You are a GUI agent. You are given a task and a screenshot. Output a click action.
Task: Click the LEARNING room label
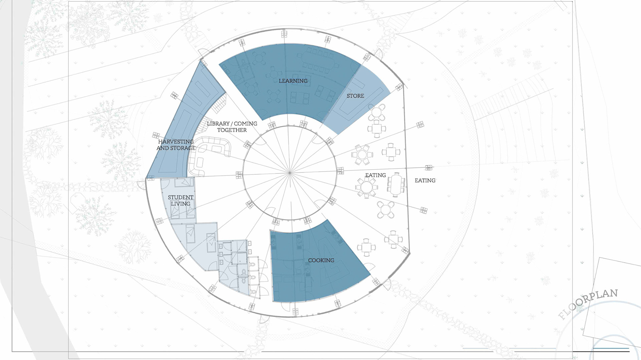[x=293, y=81]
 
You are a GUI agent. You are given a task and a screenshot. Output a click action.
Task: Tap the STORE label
[x=355, y=96]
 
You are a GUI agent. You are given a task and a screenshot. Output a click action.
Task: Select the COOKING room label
[x=321, y=260]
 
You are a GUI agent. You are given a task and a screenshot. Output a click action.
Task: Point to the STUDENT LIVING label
[x=181, y=201]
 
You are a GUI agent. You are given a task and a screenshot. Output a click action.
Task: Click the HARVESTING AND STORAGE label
[x=176, y=145]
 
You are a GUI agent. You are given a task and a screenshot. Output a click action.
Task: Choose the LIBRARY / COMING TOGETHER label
[x=232, y=127]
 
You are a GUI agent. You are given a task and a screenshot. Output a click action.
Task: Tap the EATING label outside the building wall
[x=425, y=181]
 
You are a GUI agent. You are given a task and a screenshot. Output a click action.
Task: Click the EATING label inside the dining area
[x=375, y=175]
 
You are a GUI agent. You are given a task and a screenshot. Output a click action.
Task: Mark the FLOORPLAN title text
[x=588, y=304]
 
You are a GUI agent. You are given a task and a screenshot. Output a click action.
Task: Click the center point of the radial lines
[x=290, y=173]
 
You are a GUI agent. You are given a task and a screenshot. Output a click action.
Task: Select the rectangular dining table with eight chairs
[x=396, y=185]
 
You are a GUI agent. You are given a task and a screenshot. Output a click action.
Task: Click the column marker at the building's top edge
[x=284, y=34]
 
